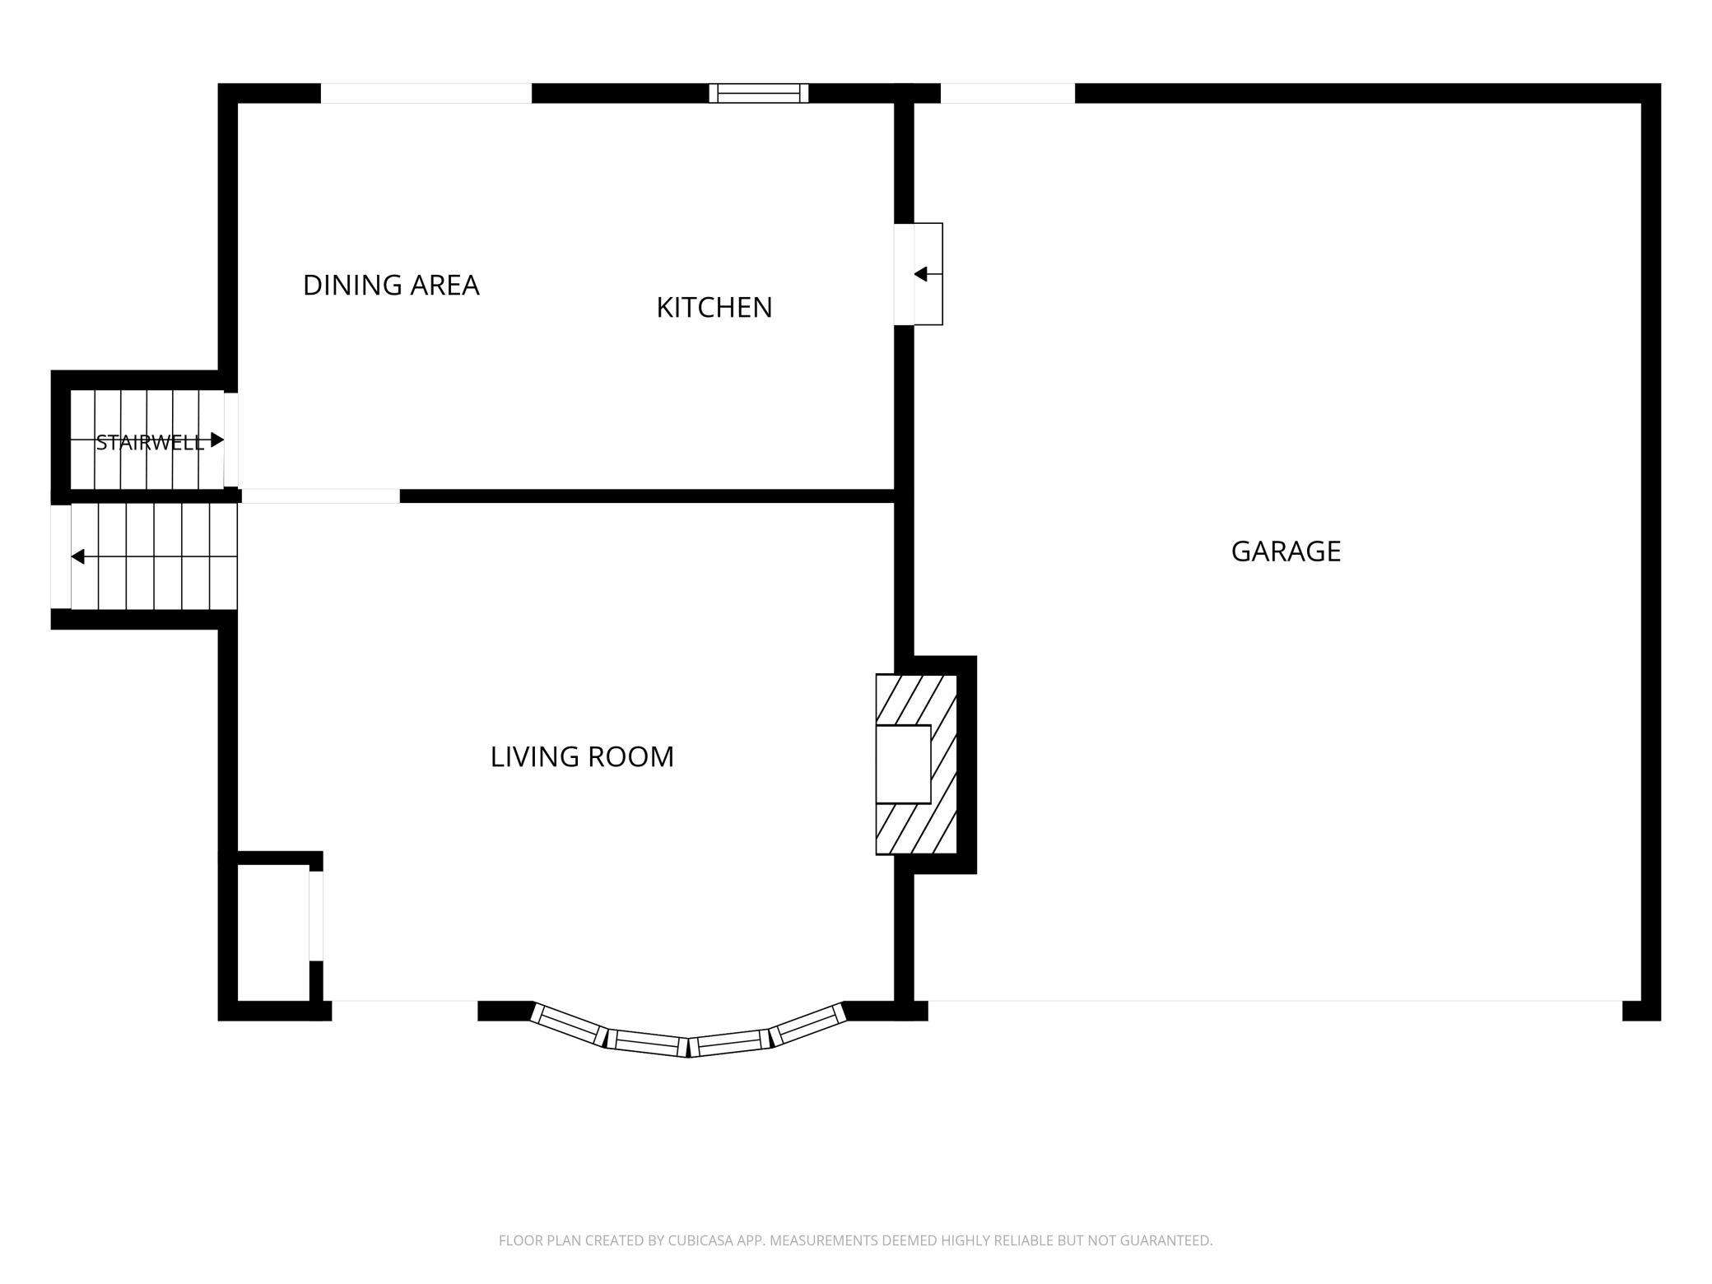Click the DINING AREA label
[x=391, y=285]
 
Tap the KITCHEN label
[x=714, y=307]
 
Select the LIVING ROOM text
[x=582, y=756]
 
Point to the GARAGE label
[x=1286, y=551]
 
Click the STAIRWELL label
[x=150, y=443]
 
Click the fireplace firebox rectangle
[x=903, y=764]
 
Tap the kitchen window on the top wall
[x=759, y=93]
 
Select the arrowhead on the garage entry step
[x=921, y=274]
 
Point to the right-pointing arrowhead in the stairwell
[x=217, y=440]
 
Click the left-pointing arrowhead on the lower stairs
[x=78, y=557]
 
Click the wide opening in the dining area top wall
[x=426, y=93]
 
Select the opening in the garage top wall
[x=1007, y=93]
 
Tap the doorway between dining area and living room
[x=320, y=496]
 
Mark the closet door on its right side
[x=316, y=915]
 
